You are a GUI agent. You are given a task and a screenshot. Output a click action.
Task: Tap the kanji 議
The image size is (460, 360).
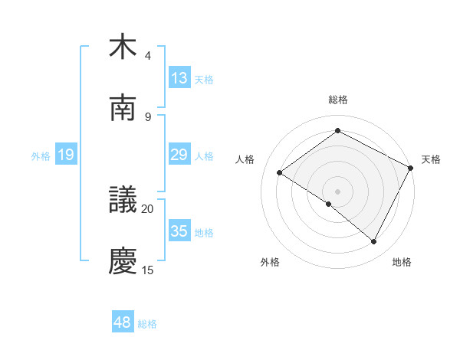(123, 200)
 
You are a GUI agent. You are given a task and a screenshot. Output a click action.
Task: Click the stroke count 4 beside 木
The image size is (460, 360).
(148, 55)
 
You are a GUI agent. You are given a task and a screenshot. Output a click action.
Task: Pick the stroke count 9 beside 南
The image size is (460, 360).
(148, 116)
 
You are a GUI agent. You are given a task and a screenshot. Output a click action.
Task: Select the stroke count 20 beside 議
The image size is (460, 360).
(148, 208)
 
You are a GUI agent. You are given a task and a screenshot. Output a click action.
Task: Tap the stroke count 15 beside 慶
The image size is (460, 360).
(148, 270)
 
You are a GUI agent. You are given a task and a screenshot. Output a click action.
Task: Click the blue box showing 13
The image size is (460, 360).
(179, 77)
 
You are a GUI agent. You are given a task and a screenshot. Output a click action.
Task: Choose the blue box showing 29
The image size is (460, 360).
(179, 155)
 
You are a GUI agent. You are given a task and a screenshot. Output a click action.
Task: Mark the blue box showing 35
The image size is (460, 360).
(179, 231)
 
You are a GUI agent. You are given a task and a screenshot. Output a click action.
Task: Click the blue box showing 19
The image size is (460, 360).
(66, 155)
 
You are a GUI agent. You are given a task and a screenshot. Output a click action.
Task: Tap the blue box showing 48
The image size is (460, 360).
(123, 322)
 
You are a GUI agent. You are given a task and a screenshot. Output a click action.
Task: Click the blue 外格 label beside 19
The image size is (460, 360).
(41, 155)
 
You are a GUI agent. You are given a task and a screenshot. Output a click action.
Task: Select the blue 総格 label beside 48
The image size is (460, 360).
(147, 324)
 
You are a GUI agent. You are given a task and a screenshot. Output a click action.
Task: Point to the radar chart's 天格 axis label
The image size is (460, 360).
(431, 159)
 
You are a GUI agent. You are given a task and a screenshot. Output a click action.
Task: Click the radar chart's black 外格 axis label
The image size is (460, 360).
(270, 262)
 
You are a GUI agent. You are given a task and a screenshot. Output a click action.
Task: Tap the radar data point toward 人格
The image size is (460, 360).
(280, 172)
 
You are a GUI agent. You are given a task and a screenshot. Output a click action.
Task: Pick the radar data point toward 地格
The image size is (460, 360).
(374, 242)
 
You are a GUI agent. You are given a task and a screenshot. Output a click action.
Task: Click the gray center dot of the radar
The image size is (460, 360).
(337, 191)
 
